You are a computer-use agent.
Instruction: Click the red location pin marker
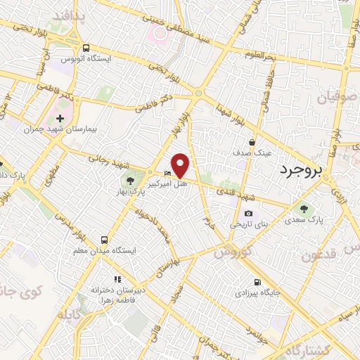[181, 165]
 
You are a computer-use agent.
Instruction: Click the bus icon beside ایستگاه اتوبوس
[86, 49]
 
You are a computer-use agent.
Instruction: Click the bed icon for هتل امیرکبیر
[167, 174]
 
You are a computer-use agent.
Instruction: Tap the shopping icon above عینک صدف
[252, 142]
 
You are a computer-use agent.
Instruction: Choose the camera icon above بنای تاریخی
[248, 214]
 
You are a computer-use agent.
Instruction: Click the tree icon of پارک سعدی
[304, 208]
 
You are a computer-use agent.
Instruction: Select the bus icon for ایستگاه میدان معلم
[105, 238]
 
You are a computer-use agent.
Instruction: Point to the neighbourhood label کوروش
[232, 252]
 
